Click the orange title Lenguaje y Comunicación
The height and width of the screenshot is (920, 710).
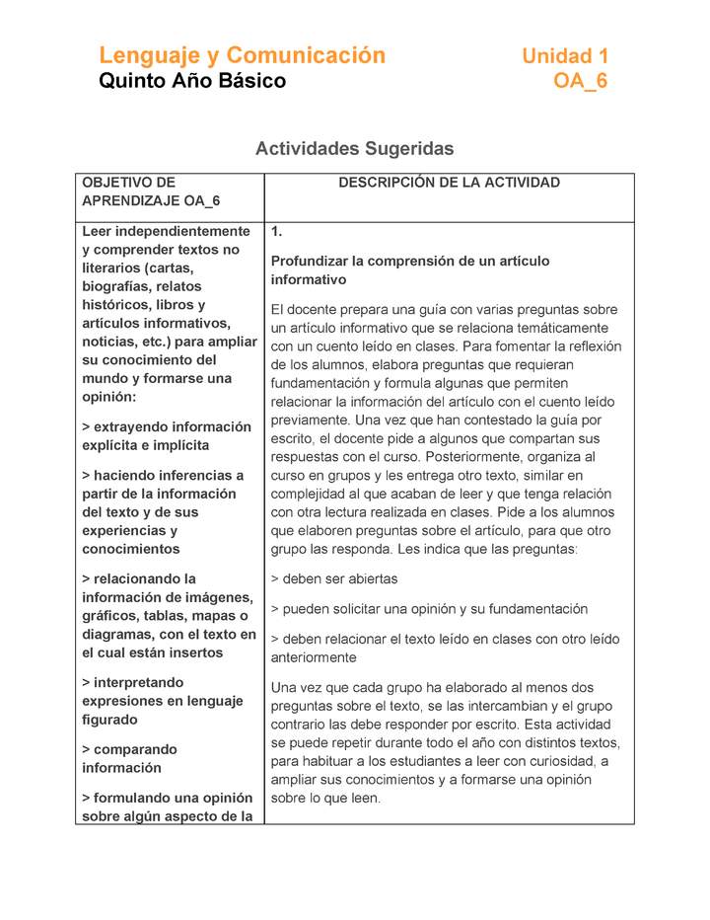pos(242,55)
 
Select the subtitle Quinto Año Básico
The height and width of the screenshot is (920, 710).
pos(192,81)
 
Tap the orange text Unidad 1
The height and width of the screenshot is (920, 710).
pos(564,56)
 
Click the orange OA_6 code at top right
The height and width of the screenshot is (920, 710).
pos(580,81)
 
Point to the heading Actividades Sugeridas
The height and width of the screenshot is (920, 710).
pos(354,149)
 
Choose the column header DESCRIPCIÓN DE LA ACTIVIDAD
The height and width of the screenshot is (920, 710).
pos(449,183)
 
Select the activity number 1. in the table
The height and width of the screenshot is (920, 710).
pos(277,232)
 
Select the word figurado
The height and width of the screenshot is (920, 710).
pos(110,720)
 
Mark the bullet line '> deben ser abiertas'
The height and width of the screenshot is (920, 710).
pos(334,579)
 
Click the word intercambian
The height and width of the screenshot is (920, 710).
pos(511,706)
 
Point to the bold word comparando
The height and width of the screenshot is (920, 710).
pos(135,750)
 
